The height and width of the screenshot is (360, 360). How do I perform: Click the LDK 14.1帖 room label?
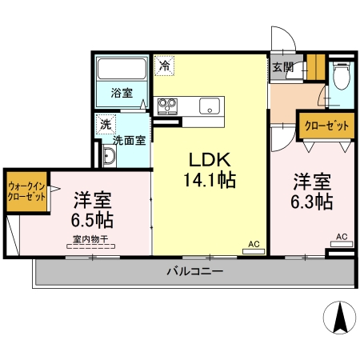pos(210,170)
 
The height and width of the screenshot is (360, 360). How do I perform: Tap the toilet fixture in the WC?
pos(341,75)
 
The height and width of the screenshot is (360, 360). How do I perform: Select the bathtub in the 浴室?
pos(122,69)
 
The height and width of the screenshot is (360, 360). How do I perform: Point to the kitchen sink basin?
pos(210,106)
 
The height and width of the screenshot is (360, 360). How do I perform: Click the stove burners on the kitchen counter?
pos(167,106)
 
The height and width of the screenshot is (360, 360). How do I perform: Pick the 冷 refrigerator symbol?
pos(165,66)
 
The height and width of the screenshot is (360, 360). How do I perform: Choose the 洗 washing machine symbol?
pos(106,124)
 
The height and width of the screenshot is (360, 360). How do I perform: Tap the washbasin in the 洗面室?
pos(109,156)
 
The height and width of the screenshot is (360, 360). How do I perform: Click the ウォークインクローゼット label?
pos(26,191)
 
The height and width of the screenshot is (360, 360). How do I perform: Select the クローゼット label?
pos(326,126)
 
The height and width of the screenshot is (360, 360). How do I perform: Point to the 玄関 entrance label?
pos(282,67)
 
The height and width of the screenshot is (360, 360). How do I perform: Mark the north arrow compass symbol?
pos(340,318)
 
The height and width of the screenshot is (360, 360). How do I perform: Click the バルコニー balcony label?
pos(195,271)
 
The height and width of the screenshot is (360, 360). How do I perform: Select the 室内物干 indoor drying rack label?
pos(90,239)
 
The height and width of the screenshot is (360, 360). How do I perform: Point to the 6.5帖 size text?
pos(92,220)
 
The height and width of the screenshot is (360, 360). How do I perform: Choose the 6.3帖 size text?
pos(312,202)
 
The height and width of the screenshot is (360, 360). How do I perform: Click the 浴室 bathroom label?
pos(122,93)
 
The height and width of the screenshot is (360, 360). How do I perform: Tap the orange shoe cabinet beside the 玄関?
pos(316,67)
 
